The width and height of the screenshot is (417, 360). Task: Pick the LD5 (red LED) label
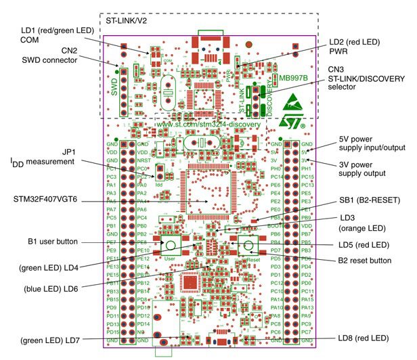point(364,244)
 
